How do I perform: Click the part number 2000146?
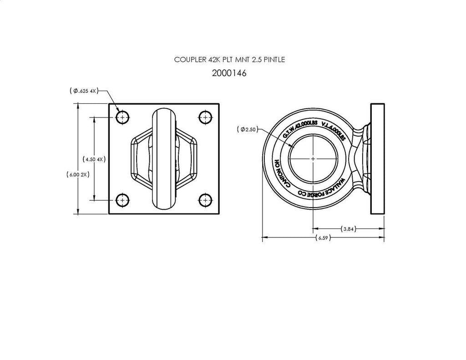pyautogui.click(x=229, y=73)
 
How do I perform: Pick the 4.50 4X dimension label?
pyautogui.click(x=93, y=159)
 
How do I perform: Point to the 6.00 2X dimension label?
pyautogui.click(x=78, y=174)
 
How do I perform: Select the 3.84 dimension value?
pyautogui.click(x=348, y=228)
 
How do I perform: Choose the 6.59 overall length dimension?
pyautogui.click(x=323, y=238)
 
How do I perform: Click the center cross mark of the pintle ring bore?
pyautogui.click(x=314, y=158)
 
